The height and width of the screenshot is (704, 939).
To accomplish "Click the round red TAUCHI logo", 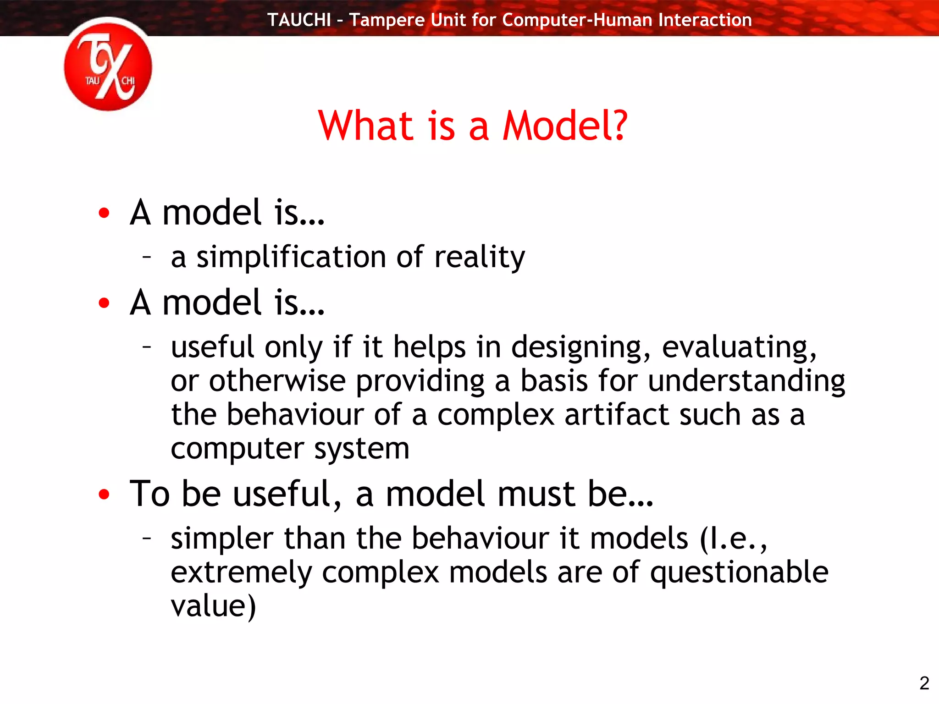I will pyautogui.click(x=108, y=65).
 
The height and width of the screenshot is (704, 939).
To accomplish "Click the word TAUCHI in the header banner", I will pyautogui.click(x=299, y=20).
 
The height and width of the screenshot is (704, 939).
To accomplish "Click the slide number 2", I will pyautogui.click(x=924, y=683).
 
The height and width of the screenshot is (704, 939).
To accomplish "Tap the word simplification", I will pyautogui.click(x=291, y=257).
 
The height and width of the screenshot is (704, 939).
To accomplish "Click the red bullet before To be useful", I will pyautogui.click(x=104, y=495).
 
